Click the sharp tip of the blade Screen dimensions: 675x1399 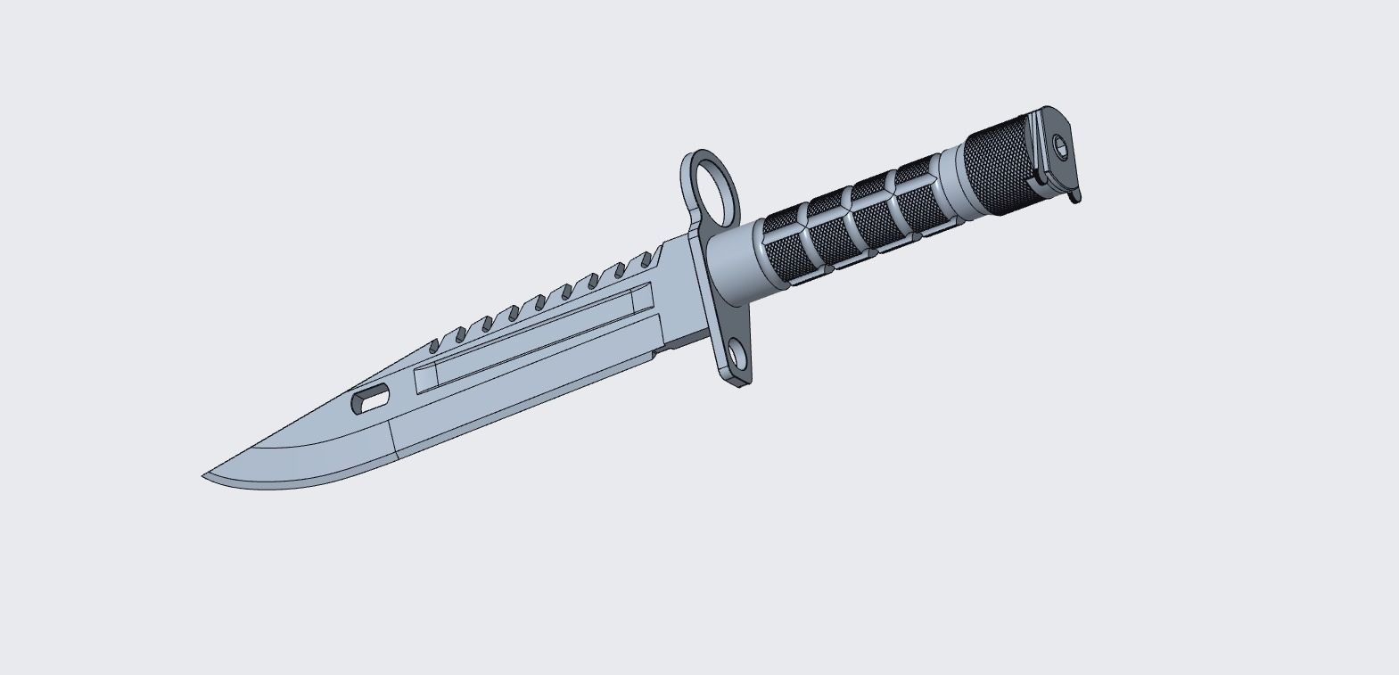point(205,476)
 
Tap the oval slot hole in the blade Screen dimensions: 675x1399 point(370,398)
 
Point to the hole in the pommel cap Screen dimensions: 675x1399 point(1060,144)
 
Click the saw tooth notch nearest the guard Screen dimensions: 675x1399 point(645,260)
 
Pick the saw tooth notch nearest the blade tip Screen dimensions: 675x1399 point(435,342)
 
